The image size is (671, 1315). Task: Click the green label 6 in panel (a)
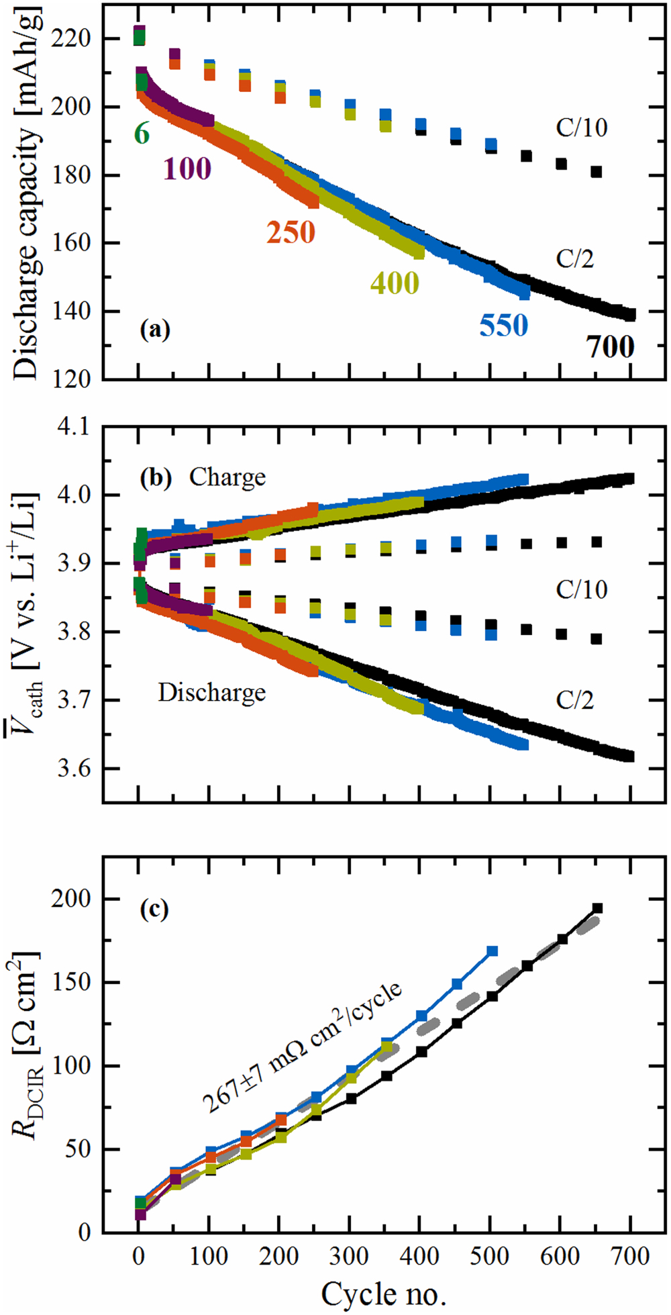point(142,134)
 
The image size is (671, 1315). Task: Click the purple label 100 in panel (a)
point(187,168)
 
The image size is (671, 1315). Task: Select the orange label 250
point(291,232)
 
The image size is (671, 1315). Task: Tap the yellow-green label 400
point(395,283)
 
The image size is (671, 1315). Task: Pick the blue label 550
point(503,326)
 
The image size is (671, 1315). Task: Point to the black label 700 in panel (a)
point(610,347)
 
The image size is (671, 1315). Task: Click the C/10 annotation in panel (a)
point(581,128)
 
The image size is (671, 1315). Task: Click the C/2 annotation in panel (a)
point(574,258)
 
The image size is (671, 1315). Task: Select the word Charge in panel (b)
point(227,477)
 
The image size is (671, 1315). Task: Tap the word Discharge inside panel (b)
point(211,693)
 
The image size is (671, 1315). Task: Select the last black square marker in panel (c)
point(597,908)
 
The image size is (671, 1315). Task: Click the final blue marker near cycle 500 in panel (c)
point(492,951)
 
